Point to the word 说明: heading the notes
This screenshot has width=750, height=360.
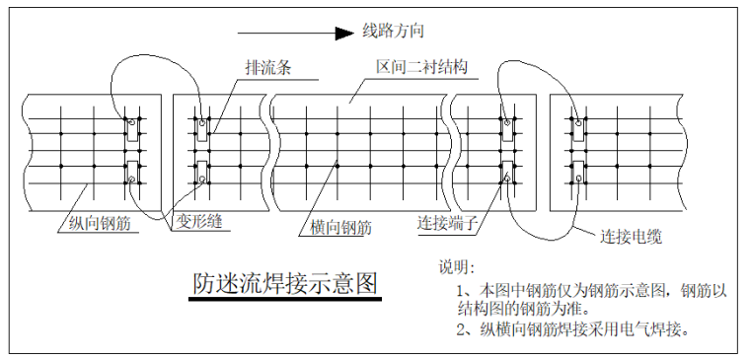click(x=457, y=267)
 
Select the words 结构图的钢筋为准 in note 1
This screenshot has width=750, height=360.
click(x=519, y=309)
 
